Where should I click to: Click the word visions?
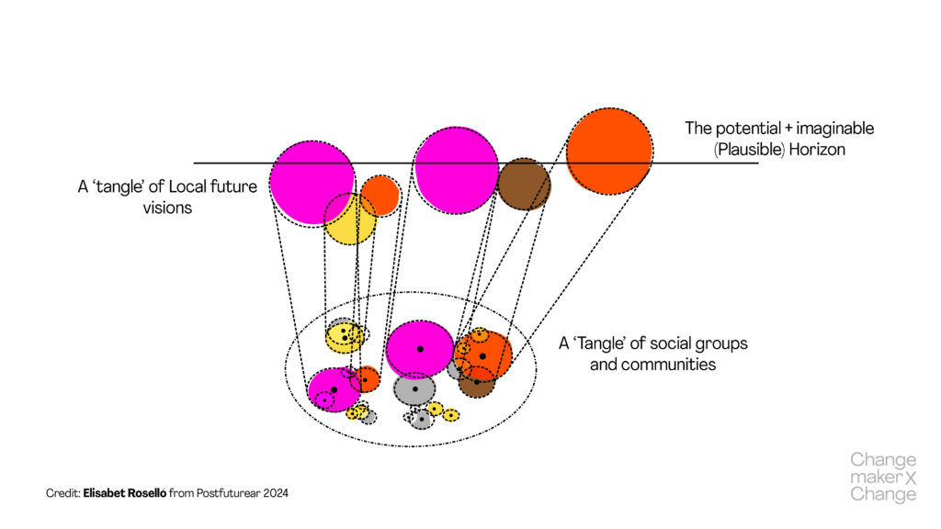pos(167,208)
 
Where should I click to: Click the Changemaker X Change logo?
pos(883,477)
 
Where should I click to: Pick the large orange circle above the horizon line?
pos(608,151)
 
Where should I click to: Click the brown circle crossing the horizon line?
pos(524,184)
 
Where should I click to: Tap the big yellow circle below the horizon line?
pos(350,219)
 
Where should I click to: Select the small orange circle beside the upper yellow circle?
pos(380,195)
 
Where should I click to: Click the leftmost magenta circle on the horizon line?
pos(312,182)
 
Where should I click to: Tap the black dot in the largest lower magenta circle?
pos(420,349)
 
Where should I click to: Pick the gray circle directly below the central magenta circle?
pos(414,389)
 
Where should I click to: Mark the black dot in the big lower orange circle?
pos(482,355)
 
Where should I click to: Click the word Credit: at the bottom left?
pos(63,493)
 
